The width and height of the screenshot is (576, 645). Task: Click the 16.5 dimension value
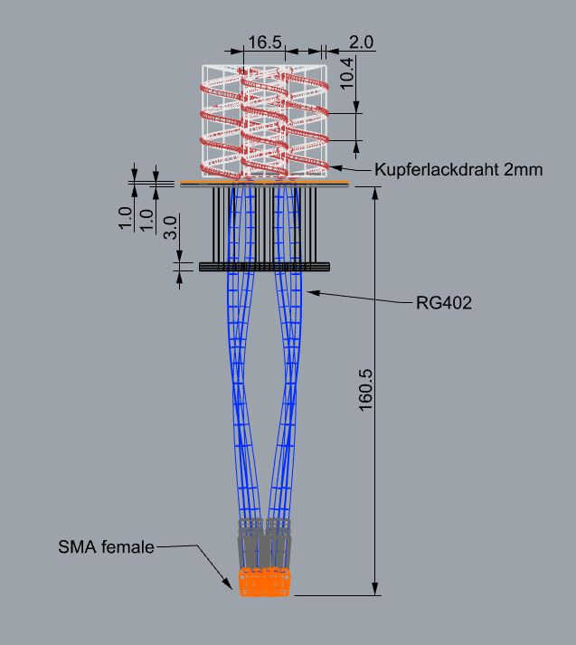coord(265,43)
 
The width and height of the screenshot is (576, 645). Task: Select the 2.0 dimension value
coord(361,43)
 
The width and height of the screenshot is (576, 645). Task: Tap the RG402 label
coord(444,303)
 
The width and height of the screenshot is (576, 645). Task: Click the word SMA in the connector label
coord(76,546)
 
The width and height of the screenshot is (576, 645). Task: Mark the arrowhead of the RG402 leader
coord(310,291)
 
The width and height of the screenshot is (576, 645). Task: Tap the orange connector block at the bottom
coord(265,583)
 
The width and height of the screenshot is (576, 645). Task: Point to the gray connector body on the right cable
coord(278,544)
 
